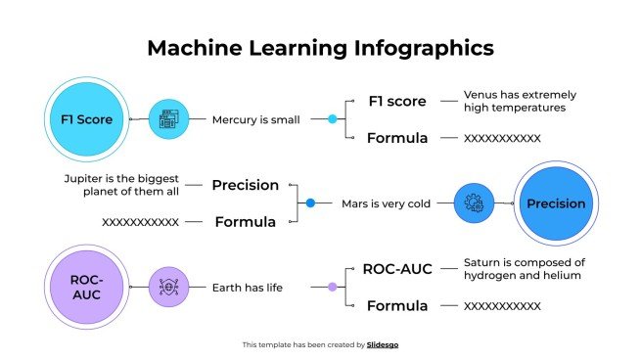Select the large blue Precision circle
tap(556, 203)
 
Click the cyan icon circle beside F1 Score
tap(168, 119)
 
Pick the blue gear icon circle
tap(475, 203)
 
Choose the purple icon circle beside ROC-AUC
tap(168, 287)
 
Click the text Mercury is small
tap(255, 120)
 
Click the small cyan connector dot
tap(332, 119)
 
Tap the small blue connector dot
tap(310, 203)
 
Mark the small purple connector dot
tap(332, 287)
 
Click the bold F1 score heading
tap(397, 101)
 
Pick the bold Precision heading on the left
tap(246, 185)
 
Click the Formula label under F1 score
tap(397, 138)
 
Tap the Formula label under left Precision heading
tap(246, 222)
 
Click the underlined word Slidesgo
tap(384, 344)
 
